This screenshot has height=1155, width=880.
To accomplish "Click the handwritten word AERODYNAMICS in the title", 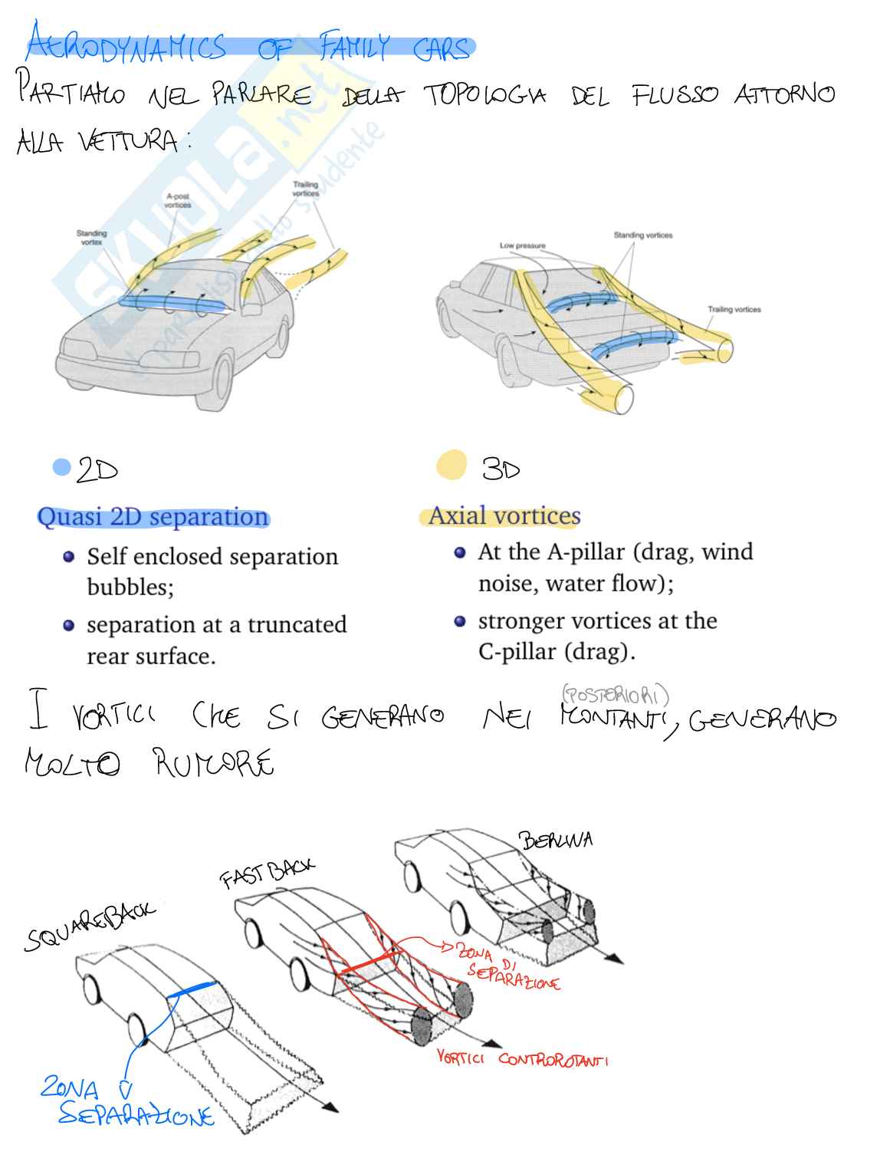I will coord(126,48).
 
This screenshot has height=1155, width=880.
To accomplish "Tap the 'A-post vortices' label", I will coord(178,201).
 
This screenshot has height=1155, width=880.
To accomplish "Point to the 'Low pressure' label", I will coord(522,245).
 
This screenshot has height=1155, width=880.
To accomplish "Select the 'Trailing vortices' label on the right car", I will coord(734,310).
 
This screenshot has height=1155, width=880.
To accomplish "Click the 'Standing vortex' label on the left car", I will coord(91,237).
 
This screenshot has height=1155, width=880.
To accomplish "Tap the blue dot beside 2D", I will coord(61,467).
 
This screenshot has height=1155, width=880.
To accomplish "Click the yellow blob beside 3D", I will coord(451,466).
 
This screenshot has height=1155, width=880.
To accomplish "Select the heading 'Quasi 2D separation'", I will coord(153,517).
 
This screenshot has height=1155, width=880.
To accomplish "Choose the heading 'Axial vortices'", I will coord(504,515).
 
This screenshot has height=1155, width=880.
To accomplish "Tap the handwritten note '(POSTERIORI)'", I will coord(615,696).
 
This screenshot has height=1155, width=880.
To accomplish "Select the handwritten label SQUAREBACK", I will coord(88,926).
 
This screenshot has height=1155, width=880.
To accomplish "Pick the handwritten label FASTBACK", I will coord(267,872).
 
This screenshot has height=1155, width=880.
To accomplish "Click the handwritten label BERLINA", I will coord(556,840).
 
